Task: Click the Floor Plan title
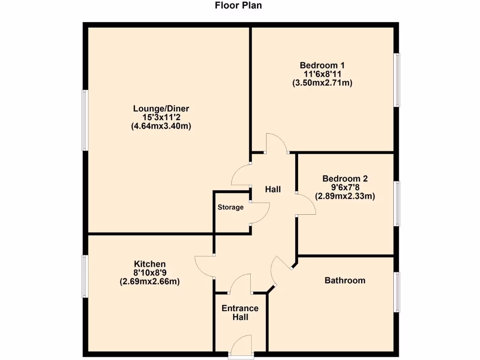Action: click(238, 6)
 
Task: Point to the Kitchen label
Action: click(150, 264)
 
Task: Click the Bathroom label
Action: click(345, 280)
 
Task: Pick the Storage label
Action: click(230, 207)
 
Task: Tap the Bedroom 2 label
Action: click(345, 179)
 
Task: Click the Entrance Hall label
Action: click(240, 313)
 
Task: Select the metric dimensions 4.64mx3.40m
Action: click(161, 126)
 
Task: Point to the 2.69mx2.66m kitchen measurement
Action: click(150, 282)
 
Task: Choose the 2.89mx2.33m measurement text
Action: click(345, 196)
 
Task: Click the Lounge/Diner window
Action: click(85, 120)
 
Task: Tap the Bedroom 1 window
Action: click(397, 80)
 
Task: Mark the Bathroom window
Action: click(397, 292)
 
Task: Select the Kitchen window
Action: click(85, 276)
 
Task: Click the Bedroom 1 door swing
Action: click(277, 143)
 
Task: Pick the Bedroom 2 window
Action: click(397, 203)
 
